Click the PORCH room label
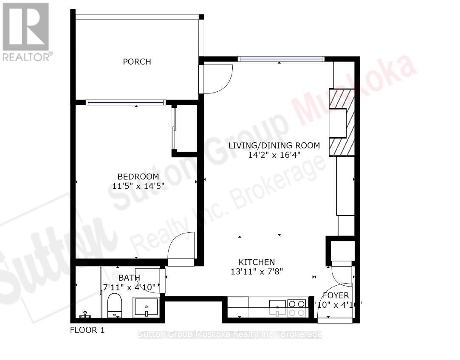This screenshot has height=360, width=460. coord(137,62)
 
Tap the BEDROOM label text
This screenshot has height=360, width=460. coord(138,177)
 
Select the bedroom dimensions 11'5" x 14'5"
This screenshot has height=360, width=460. coord(138,186)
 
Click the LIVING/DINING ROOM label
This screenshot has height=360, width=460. coord(274,146)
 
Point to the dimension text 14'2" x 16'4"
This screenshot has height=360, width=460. coord(274,155)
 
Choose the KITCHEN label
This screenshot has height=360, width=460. coord(256,262)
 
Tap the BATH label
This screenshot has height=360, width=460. coord(129,278)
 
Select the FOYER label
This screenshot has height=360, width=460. coord(336,295)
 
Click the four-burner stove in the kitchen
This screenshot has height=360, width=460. coord(296,308)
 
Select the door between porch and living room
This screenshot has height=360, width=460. coord(217,79)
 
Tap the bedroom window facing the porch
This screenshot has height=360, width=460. coord(125,102)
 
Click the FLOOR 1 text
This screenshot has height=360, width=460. coord(87,330)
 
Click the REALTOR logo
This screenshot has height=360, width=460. coord(26,32)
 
